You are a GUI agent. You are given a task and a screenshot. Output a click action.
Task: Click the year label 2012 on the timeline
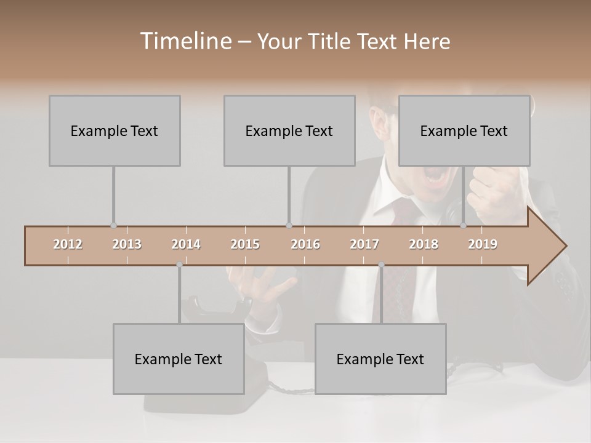[x=68, y=244]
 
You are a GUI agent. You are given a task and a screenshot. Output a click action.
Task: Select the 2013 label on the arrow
[x=127, y=244]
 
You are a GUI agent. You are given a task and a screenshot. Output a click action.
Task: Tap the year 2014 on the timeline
[x=186, y=244]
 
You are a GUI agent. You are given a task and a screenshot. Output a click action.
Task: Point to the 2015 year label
[x=245, y=244]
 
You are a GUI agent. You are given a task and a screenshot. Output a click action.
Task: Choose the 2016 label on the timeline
[x=305, y=244]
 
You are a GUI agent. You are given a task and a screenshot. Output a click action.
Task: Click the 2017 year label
[x=364, y=244]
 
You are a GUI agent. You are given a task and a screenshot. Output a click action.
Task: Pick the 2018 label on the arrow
[x=424, y=244]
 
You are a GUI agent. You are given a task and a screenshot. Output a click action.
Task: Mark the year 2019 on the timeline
[x=483, y=244]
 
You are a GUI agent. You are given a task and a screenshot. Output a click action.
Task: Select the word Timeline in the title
[x=185, y=41]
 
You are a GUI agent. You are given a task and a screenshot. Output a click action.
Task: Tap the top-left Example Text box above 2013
[x=115, y=130]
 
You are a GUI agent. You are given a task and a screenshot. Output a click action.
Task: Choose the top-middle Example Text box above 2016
[x=289, y=130]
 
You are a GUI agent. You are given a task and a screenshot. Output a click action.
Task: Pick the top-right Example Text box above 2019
[x=464, y=130]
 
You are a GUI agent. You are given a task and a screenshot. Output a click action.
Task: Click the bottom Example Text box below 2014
[x=179, y=359]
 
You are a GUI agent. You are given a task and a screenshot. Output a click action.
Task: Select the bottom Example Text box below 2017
[x=380, y=359]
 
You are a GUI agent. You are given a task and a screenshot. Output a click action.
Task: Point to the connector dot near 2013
[x=113, y=226]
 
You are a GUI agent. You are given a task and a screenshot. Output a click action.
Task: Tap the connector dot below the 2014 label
[x=179, y=265]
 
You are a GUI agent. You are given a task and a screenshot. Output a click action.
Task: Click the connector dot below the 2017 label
[x=381, y=265]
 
